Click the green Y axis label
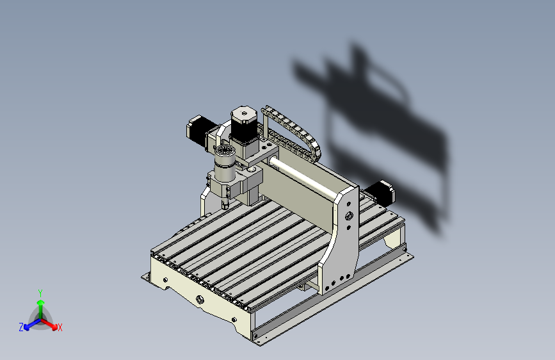tap(40, 293)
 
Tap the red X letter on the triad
tap(60, 328)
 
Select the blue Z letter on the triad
tap(21, 327)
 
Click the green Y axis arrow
tap(41, 309)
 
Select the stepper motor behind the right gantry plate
tap(380, 193)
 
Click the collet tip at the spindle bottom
tap(225, 204)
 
